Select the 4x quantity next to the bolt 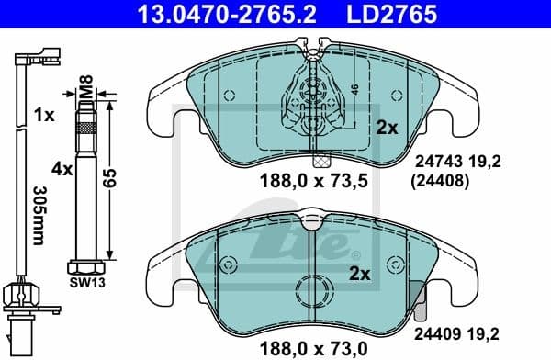click(x=62, y=169)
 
